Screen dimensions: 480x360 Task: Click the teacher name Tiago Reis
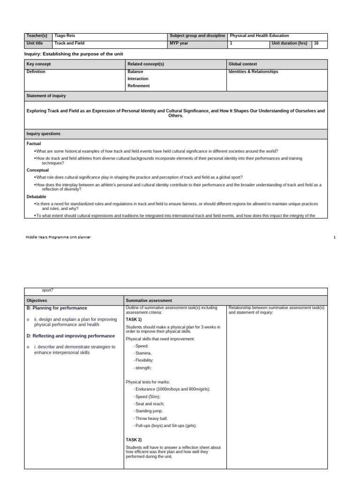[x=65, y=36]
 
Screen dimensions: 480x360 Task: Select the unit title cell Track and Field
[x=69, y=43]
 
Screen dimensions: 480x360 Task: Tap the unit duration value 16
[x=316, y=43]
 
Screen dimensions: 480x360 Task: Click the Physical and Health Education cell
[x=259, y=36]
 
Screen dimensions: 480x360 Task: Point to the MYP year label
[x=179, y=43]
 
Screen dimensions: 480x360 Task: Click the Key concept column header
[x=39, y=64]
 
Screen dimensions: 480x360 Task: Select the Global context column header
[x=243, y=64]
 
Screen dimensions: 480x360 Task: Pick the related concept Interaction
[x=138, y=79]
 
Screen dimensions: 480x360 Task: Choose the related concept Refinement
[x=138, y=86]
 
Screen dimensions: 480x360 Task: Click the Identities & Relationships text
[x=253, y=72]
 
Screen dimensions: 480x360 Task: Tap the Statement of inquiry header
[x=46, y=96]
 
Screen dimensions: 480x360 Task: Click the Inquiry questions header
[x=44, y=134]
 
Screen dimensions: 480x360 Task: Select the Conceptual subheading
[x=37, y=170]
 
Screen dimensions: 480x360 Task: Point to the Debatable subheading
[x=37, y=197]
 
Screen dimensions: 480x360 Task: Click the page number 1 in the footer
[x=335, y=237]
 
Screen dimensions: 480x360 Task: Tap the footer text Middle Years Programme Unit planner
[x=58, y=237]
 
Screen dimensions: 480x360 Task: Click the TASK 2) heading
[x=134, y=440]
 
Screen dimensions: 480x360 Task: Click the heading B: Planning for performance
[x=57, y=308]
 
